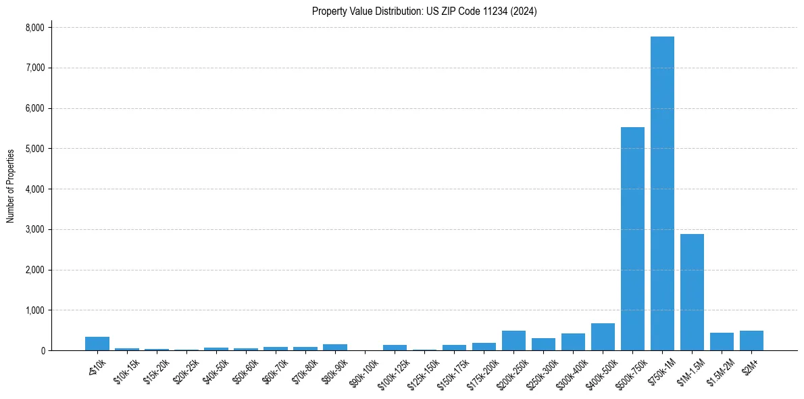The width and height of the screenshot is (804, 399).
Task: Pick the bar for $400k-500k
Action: click(x=603, y=337)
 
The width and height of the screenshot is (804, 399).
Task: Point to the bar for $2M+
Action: click(x=751, y=341)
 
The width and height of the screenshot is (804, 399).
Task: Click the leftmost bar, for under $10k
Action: click(x=97, y=344)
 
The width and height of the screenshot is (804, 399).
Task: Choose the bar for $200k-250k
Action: click(x=513, y=341)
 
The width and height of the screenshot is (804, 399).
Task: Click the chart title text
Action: click(x=424, y=11)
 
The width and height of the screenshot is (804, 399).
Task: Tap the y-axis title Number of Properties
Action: click(x=11, y=186)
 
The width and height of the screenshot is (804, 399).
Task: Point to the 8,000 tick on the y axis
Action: click(x=34, y=28)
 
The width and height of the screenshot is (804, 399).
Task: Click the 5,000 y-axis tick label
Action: click(x=34, y=149)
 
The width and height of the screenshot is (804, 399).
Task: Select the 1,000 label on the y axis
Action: click(x=34, y=310)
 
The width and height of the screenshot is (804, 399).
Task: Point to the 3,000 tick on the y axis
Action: click(x=34, y=230)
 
